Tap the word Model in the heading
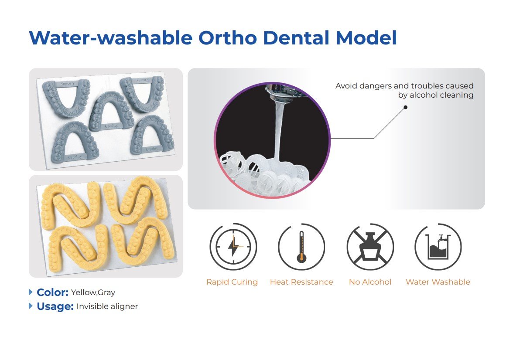tap(366, 37)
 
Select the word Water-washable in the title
tap(111, 37)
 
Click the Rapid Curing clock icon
tap(233, 247)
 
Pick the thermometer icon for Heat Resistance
tap(301, 247)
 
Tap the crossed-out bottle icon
tap(370, 247)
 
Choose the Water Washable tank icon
tap(438, 247)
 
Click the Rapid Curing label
tap(232, 282)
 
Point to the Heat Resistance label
tap(301, 282)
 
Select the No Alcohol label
tap(370, 282)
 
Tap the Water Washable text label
tap(438, 282)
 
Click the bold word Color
tap(52, 292)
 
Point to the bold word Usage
tap(55, 306)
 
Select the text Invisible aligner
tap(107, 306)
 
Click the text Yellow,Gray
tap(93, 292)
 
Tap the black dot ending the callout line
tap(405, 107)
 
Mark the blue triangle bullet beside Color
tap(31, 292)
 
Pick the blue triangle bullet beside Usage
tap(31, 306)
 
